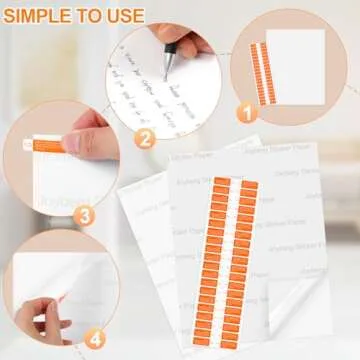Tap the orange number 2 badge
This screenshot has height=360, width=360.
[x=145, y=140]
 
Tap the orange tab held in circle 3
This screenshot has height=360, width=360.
[x=48, y=149]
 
